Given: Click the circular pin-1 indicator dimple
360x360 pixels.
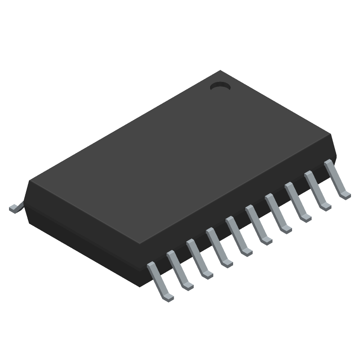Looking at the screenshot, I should point(220,85).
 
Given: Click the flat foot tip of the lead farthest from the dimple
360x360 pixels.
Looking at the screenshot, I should point(167,297).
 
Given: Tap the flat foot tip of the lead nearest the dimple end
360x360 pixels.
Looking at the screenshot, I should point(346,195).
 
